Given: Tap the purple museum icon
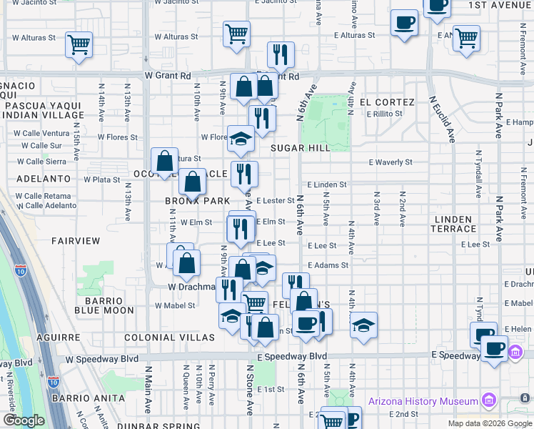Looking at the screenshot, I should click(x=489, y=398).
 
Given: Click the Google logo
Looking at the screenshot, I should click(x=23, y=420).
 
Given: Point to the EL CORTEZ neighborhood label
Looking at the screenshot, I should click(x=388, y=102).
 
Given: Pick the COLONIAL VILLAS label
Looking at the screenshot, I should click(x=169, y=337).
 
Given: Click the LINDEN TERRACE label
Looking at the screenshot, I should click(x=453, y=224).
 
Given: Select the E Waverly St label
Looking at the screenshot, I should click(x=391, y=162).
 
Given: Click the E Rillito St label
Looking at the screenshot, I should click(x=390, y=114).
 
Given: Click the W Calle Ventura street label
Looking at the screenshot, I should click(x=44, y=133).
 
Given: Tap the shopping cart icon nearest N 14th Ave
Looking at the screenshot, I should click(x=79, y=44).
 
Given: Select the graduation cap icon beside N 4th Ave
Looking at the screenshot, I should click(x=363, y=325).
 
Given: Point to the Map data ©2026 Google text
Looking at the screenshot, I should click(x=489, y=423).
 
